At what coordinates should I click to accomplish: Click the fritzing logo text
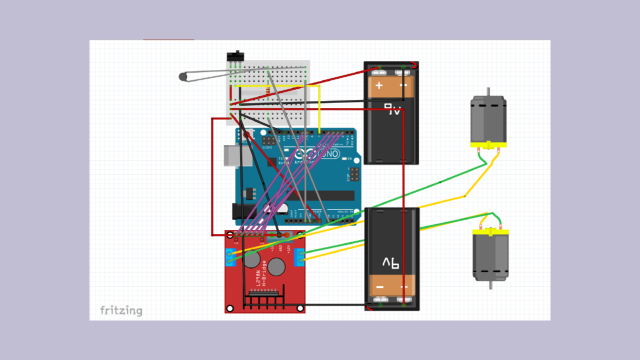[x=121, y=310]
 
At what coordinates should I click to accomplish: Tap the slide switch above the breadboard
[x=234, y=55]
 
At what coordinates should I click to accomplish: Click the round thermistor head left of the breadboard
[x=182, y=76]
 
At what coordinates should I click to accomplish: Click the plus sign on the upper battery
[x=379, y=85]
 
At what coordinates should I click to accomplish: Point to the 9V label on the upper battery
[x=393, y=109]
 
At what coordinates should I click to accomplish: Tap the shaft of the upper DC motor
[x=488, y=92]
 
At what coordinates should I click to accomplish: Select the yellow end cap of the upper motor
[x=488, y=145]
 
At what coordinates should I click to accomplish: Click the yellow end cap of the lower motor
[x=491, y=232]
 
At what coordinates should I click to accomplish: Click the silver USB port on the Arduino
[x=230, y=154]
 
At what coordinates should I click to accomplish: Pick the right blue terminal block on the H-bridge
[x=299, y=255]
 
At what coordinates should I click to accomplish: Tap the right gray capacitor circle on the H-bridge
[x=276, y=267]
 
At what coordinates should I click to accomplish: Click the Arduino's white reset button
[x=248, y=134]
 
